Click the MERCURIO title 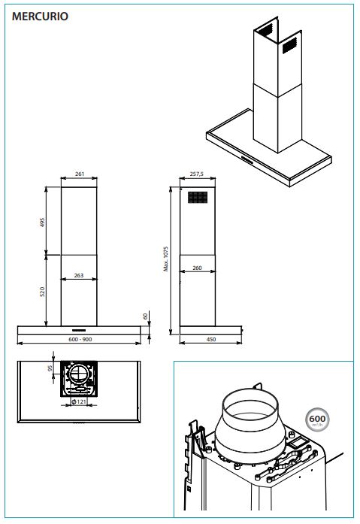pyautogui.click(x=40, y=16)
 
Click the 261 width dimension pyautogui.click(x=80, y=174)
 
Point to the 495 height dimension pyautogui.click(x=42, y=223)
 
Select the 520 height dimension pyautogui.click(x=42, y=292)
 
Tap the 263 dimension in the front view pyautogui.click(x=79, y=275)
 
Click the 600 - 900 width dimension pyautogui.click(x=80, y=339)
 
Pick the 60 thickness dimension pyautogui.click(x=145, y=316)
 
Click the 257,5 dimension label pyautogui.click(x=197, y=174)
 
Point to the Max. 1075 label pyautogui.click(x=166, y=259)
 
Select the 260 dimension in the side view pyautogui.click(x=197, y=268)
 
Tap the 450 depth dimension pyautogui.click(x=211, y=339)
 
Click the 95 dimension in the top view pyautogui.click(x=50, y=368)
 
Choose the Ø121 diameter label pyautogui.click(x=79, y=401)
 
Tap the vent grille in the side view pyautogui.click(x=198, y=197)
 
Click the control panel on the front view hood pyautogui.click(x=79, y=330)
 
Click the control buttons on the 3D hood pyautogui.click(x=248, y=160)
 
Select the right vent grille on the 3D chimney pyautogui.click(x=289, y=45)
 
